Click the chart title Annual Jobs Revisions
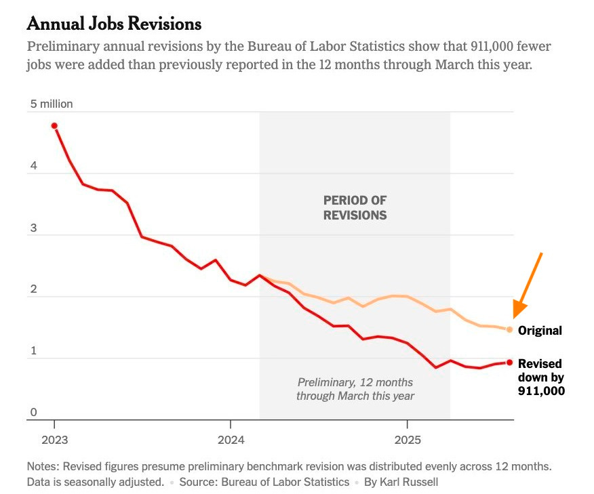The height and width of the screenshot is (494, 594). pos(114,24)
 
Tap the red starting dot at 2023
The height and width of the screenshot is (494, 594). pos(54,125)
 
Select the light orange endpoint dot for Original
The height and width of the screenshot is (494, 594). pos(509,329)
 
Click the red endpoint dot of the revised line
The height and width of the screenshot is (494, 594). pos(509,362)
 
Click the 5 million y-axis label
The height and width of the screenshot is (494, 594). pos(51,104)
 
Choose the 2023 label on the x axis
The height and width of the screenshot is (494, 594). pos(54,440)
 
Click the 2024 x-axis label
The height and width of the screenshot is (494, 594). pos(231,440)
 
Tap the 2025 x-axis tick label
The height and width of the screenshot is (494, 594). pos(407,440)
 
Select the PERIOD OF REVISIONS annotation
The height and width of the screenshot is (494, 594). pos(355,208)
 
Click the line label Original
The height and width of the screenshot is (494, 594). pos(540,331)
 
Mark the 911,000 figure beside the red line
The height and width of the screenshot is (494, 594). pos(541,391)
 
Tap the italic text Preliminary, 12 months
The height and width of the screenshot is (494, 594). pos(355,382)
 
